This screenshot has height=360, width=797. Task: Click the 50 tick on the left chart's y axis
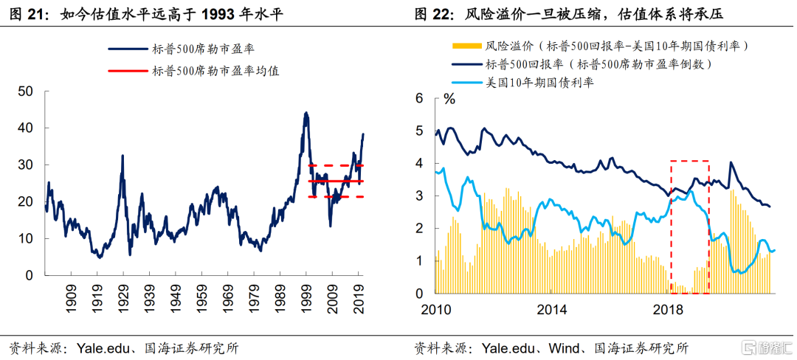tap(26, 91)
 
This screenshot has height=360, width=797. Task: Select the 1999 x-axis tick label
tap(306, 294)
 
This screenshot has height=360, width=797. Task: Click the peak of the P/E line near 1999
tap(306, 113)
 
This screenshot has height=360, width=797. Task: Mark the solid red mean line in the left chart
tap(336, 181)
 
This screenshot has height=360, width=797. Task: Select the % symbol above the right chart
tap(448, 98)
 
